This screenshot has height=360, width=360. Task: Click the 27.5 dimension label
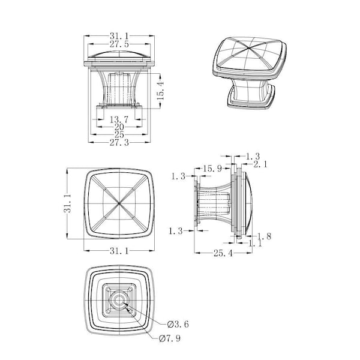coord(119,44)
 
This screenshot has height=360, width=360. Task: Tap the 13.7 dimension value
coord(119,119)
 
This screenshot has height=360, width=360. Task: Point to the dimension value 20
coord(119,127)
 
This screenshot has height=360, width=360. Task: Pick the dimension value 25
coord(119,135)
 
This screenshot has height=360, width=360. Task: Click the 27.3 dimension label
coord(119,143)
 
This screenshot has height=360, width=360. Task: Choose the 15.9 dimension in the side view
coord(212,169)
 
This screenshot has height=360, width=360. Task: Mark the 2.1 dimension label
coord(260,164)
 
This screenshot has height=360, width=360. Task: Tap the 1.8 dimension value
coord(264,236)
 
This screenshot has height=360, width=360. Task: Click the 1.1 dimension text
coord(255,244)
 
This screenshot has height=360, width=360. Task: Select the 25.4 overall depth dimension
coord(223,253)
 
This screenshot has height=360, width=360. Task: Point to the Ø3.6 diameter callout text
coord(178,325)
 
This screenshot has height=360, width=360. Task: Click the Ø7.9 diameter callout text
coord(170,338)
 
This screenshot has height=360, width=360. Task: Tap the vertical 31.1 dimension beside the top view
coord(68,203)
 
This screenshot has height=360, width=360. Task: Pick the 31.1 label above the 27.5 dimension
coord(119,36)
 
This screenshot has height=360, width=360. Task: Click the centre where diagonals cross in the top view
coord(119,203)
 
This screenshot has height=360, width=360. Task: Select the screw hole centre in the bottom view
coord(119,301)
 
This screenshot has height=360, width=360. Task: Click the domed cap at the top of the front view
coord(119,56)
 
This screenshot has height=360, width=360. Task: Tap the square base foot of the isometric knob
coord(251,101)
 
